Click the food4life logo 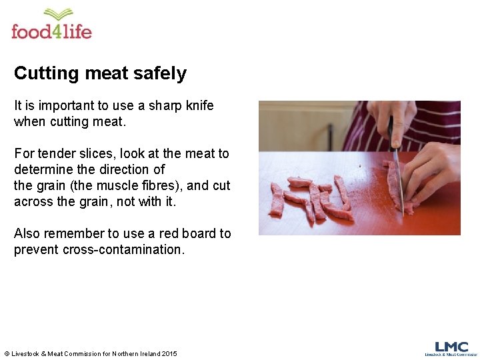point(51,25)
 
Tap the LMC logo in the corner point(451,348)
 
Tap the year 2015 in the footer point(169,353)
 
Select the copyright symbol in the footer point(7,353)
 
